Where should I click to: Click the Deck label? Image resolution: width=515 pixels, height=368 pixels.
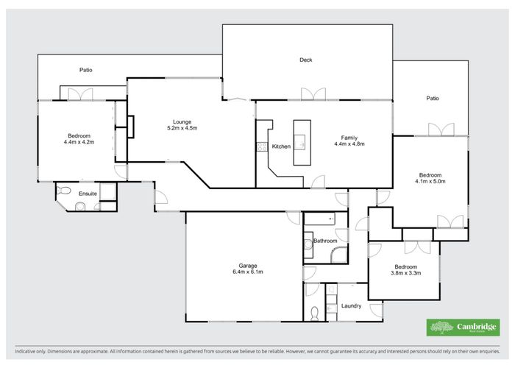click(306, 60)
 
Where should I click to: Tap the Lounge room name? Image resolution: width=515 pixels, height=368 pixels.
click(182, 121)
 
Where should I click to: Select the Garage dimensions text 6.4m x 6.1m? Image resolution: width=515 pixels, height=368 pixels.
click(247, 272)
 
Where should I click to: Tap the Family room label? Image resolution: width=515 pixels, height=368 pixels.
click(349, 137)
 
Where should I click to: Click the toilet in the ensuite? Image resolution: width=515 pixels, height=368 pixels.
click(64, 191)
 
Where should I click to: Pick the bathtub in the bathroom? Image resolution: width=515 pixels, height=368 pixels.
click(319, 219)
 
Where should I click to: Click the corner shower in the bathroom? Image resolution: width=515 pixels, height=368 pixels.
click(339, 255)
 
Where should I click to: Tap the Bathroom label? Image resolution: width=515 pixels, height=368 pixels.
click(325, 241)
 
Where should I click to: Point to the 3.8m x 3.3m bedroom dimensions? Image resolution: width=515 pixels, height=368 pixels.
click(405, 273)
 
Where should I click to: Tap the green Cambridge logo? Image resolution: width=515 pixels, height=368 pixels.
click(464, 327)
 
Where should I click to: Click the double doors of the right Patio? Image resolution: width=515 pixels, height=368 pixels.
click(441, 130)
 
